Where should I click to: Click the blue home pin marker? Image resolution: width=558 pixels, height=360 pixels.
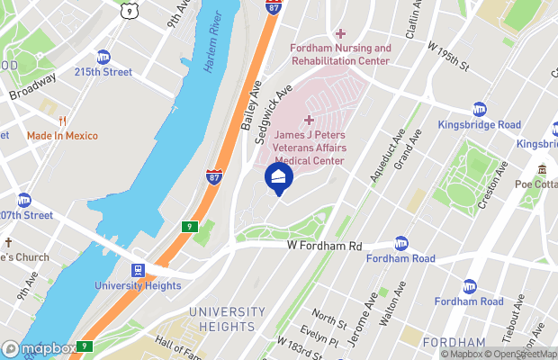(278, 176)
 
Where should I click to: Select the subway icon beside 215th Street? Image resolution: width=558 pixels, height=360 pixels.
(103, 57)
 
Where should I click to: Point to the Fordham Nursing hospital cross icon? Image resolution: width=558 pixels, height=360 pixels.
(340, 33)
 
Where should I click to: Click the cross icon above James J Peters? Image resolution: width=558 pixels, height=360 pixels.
(310, 120)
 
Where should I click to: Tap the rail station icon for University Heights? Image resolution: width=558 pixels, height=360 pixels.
(139, 270)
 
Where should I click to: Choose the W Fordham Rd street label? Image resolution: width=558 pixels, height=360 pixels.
(324, 246)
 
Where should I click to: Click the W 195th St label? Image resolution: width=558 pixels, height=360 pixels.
(447, 56)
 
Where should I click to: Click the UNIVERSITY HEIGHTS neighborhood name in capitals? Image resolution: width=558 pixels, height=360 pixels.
(228, 319)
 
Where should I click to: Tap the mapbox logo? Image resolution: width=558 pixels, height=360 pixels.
(39, 348)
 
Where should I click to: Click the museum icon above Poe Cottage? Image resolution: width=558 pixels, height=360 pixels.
(543, 169)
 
